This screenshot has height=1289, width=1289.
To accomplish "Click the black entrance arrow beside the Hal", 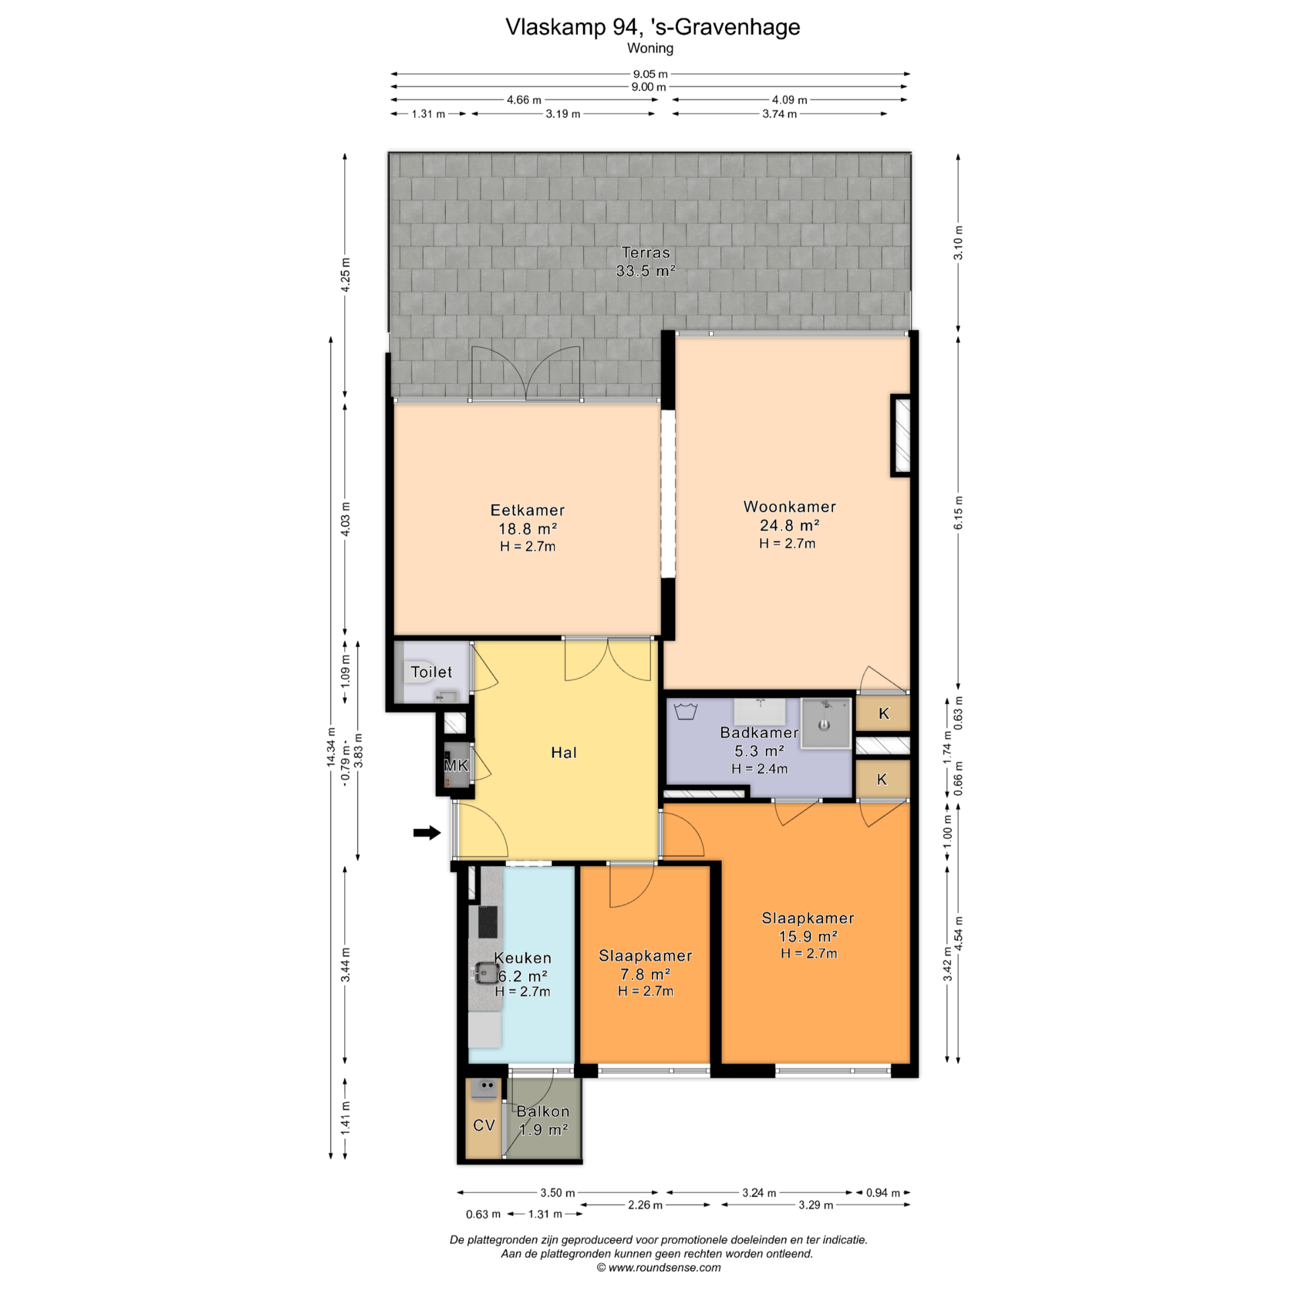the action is pyautogui.click(x=426, y=833).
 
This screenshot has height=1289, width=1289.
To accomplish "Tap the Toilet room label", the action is pyautogui.click(x=431, y=672).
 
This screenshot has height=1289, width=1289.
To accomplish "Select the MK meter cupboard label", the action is pyautogui.click(x=456, y=765).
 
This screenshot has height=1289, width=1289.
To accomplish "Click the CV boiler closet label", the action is pyautogui.click(x=484, y=1125).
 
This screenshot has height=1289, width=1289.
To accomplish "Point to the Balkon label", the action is pyautogui.click(x=542, y=1111).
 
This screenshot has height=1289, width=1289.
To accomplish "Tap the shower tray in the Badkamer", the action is pyautogui.click(x=826, y=722).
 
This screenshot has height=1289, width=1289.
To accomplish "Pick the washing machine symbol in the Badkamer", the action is pyautogui.click(x=685, y=711).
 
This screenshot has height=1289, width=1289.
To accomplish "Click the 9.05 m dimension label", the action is pyautogui.click(x=650, y=75).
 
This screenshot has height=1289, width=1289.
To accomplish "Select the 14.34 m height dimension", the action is pyautogui.click(x=330, y=747).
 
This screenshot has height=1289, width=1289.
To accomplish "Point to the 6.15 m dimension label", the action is pyautogui.click(x=958, y=513).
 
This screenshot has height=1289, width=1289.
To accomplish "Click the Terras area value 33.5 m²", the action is pyautogui.click(x=646, y=271).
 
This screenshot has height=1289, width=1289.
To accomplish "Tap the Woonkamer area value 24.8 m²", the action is pyautogui.click(x=790, y=525).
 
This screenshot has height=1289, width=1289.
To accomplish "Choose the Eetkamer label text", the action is pyautogui.click(x=528, y=510).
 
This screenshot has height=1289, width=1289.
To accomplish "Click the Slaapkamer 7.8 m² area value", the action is pyautogui.click(x=645, y=974).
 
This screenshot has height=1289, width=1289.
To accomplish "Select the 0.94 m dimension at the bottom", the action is pyautogui.click(x=883, y=1193).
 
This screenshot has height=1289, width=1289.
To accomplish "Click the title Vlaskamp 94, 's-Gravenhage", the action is pyautogui.click(x=653, y=27).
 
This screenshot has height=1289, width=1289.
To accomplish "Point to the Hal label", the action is pyautogui.click(x=564, y=753).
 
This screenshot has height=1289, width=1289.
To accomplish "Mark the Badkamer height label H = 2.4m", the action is pyautogui.click(x=759, y=769).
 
